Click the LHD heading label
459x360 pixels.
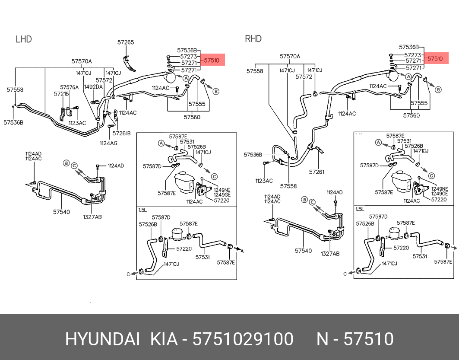tap(24, 39)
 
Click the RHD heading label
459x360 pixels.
tap(253, 39)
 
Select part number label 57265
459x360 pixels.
tap(126, 42)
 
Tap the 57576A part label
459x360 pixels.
tap(69, 87)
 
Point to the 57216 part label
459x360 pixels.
tap(61, 93)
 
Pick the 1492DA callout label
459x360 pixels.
tap(93, 87)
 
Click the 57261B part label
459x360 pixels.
tap(121, 133)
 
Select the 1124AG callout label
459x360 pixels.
tap(108, 143)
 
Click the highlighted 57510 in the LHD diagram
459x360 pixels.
tap(212, 61)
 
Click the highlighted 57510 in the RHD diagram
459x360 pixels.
tap(435, 58)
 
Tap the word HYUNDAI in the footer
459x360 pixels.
tap(102, 339)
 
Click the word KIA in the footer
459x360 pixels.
tap(164, 339)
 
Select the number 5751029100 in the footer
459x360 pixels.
tap(243, 339)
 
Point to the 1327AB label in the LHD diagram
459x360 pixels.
tap(92, 217)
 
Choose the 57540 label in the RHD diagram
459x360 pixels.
tap(303, 251)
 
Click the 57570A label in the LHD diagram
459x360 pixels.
tap(82, 61)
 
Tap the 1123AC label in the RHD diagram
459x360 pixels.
tap(263, 181)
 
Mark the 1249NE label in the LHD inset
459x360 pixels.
tap(222, 189)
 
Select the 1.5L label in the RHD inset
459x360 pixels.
tap(360, 209)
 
